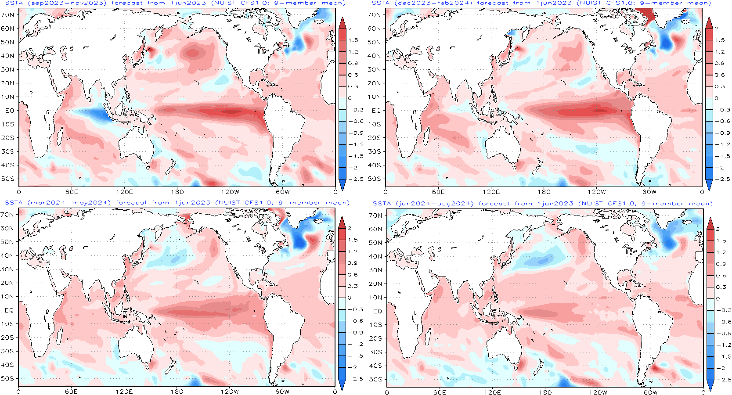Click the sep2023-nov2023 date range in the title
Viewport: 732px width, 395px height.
coord(66,3)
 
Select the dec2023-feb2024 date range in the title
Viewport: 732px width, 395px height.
coord(433,3)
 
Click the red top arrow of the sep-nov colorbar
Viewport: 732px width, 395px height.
coord(343,23)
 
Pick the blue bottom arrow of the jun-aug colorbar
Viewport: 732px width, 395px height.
coord(710,385)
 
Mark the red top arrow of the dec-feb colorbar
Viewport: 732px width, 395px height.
coord(709,23)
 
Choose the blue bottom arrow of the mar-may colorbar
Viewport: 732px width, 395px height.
coord(342,384)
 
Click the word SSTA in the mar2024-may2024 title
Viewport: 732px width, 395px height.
coord(14,203)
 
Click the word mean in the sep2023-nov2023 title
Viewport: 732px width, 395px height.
coord(333,3)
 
